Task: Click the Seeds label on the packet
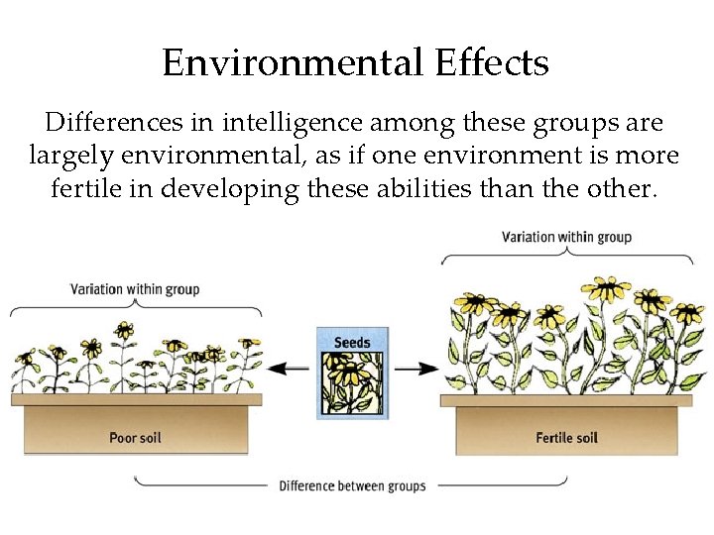[x=352, y=343]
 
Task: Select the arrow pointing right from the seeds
[x=416, y=368]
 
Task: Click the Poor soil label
[x=136, y=437]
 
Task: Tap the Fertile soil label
[x=566, y=437]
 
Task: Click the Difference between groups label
[x=352, y=485]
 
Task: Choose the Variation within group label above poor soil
[x=135, y=289]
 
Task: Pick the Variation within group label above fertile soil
[x=566, y=237]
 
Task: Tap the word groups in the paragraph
[x=581, y=124]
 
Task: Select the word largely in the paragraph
[x=71, y=156]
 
